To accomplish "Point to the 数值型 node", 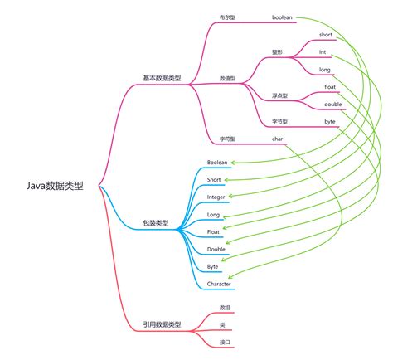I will click(x=228, y=78).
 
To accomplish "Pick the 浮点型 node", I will click(x=280, y=95).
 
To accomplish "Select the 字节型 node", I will click(x=280, y=121).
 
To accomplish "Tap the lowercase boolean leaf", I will click(x=283, y=17).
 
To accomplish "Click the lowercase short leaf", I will click(x=326, y=35).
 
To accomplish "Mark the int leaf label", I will click(x=323, y=52).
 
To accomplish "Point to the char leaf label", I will click(x=278, y=139).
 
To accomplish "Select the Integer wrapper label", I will click(x=216, y=197).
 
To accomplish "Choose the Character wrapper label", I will click(x=220, y=284).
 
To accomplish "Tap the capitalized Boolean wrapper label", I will click(x=217, y=162).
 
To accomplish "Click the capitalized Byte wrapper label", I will click(x=213, y=266).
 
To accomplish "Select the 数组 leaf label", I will click(x=225, y=307).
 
